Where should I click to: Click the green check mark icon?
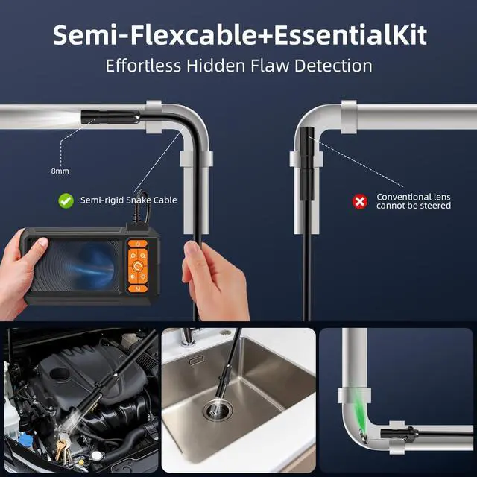coord(66,200)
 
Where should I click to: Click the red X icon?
coord(360,200)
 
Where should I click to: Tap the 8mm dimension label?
coord(59,171)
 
